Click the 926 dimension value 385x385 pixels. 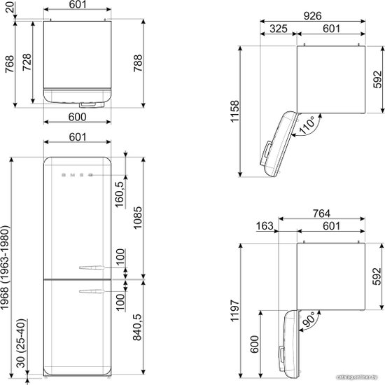pyautogui.click(x=312, y=16)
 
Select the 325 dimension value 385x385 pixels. pyautogui.click(x=279, y=29)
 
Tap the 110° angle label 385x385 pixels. pyautogui.click(x=307, y=125)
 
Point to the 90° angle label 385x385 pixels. pyautogui.click(x=309, y=319)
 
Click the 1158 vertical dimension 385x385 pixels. pyautogui.click(x=234, y=111)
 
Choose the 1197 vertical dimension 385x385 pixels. pyautogui.click(x=234, y=310)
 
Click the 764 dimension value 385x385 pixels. pyautogui.click(x=322, y=213)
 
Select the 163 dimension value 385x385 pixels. pyautogui.click(x=265, y=226)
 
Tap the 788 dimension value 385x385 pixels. pyautogui.click(x=138, y=63)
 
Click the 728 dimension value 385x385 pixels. pyautogui.click(x=27, y=62)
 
